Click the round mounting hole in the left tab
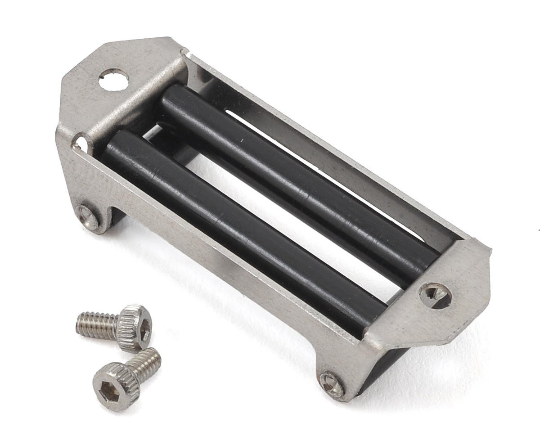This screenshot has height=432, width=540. tap(113, 80)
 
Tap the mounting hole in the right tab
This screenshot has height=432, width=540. tap(435, 295)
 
